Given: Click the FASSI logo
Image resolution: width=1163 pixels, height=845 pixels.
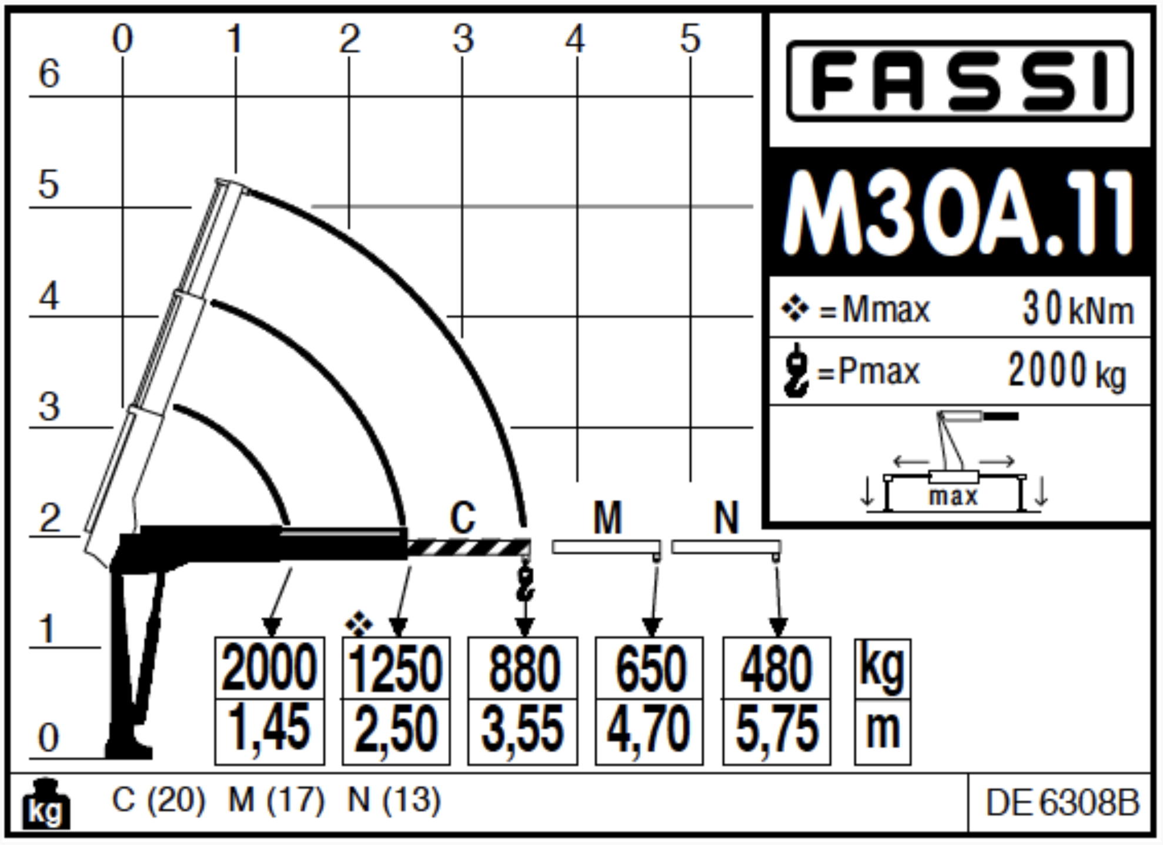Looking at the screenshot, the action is pyautogui.click(x=960, y=81).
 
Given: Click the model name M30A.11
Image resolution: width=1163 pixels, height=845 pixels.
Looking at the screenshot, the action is pyautogui.click(x=958, y=213).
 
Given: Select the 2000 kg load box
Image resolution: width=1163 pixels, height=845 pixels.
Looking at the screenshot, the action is pyautogui.click(x=270, y=668).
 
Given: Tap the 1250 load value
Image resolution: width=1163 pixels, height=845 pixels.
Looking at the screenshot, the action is pyautogui.click(x=396, y=669).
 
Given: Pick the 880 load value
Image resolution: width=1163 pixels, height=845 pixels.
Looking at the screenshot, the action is pyautogui.click(x=523, y=669).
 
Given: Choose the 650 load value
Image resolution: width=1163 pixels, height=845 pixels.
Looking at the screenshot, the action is pyautogui.click(x=650, y=669).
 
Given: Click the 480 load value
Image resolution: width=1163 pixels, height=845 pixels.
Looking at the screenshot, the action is pyautogui.click(x=776, y=669).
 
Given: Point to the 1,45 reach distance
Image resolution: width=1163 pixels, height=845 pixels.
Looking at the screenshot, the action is pyautogui.click(x=269, y=729).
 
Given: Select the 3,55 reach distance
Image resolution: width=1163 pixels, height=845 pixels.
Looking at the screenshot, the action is pyautogui.click(x=522, y=729).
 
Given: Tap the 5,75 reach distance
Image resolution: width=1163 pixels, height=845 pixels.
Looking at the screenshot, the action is pyautogui.click(x=776, y=729).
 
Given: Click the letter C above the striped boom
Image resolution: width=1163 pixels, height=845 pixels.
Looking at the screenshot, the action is pyautogui.click(x=463, y=518).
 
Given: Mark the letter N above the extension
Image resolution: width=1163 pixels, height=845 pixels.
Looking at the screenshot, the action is pyautogui.click(x=726, y=518).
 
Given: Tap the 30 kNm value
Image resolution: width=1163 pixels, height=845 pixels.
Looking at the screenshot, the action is pyautogui.click(x=1078, y=309).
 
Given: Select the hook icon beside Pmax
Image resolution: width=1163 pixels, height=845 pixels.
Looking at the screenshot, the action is pyautogui.click(x=796, y=370).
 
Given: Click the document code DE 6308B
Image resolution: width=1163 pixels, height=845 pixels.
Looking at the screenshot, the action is pyautogui.click(x=1062, y=803).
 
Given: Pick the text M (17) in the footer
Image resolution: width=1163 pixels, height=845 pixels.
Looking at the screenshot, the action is pyautogui.click(x=276, y=800).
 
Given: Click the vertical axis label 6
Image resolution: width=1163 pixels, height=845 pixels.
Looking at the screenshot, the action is pyautogui.click(x=49, y=74).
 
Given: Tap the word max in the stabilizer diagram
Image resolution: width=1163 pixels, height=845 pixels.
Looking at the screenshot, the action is pyautogui.click(x=953, y=497).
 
